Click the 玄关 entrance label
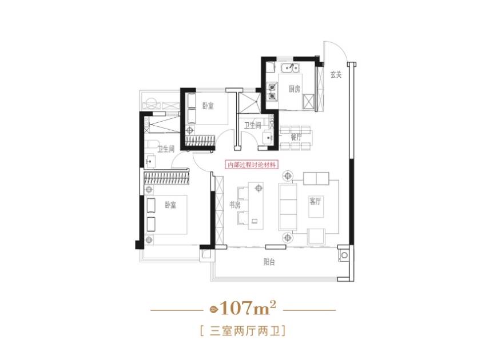[336, 74]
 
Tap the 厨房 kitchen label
[295, 89]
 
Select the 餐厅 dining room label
[296, 137]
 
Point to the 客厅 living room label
[315, 201]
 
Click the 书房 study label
[234, 205]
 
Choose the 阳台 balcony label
[269, 262]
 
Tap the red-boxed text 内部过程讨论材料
[252, 165]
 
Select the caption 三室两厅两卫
[244, 331]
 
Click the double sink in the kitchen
[290, 67]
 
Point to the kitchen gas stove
[272, 92]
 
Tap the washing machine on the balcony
[344, 255]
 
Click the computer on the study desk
[255, 221]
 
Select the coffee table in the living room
[316, 207]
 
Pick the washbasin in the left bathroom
[150, 161]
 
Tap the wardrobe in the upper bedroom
[200, 140]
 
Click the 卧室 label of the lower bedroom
[170, 205]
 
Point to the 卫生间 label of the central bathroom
[252, 126]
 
